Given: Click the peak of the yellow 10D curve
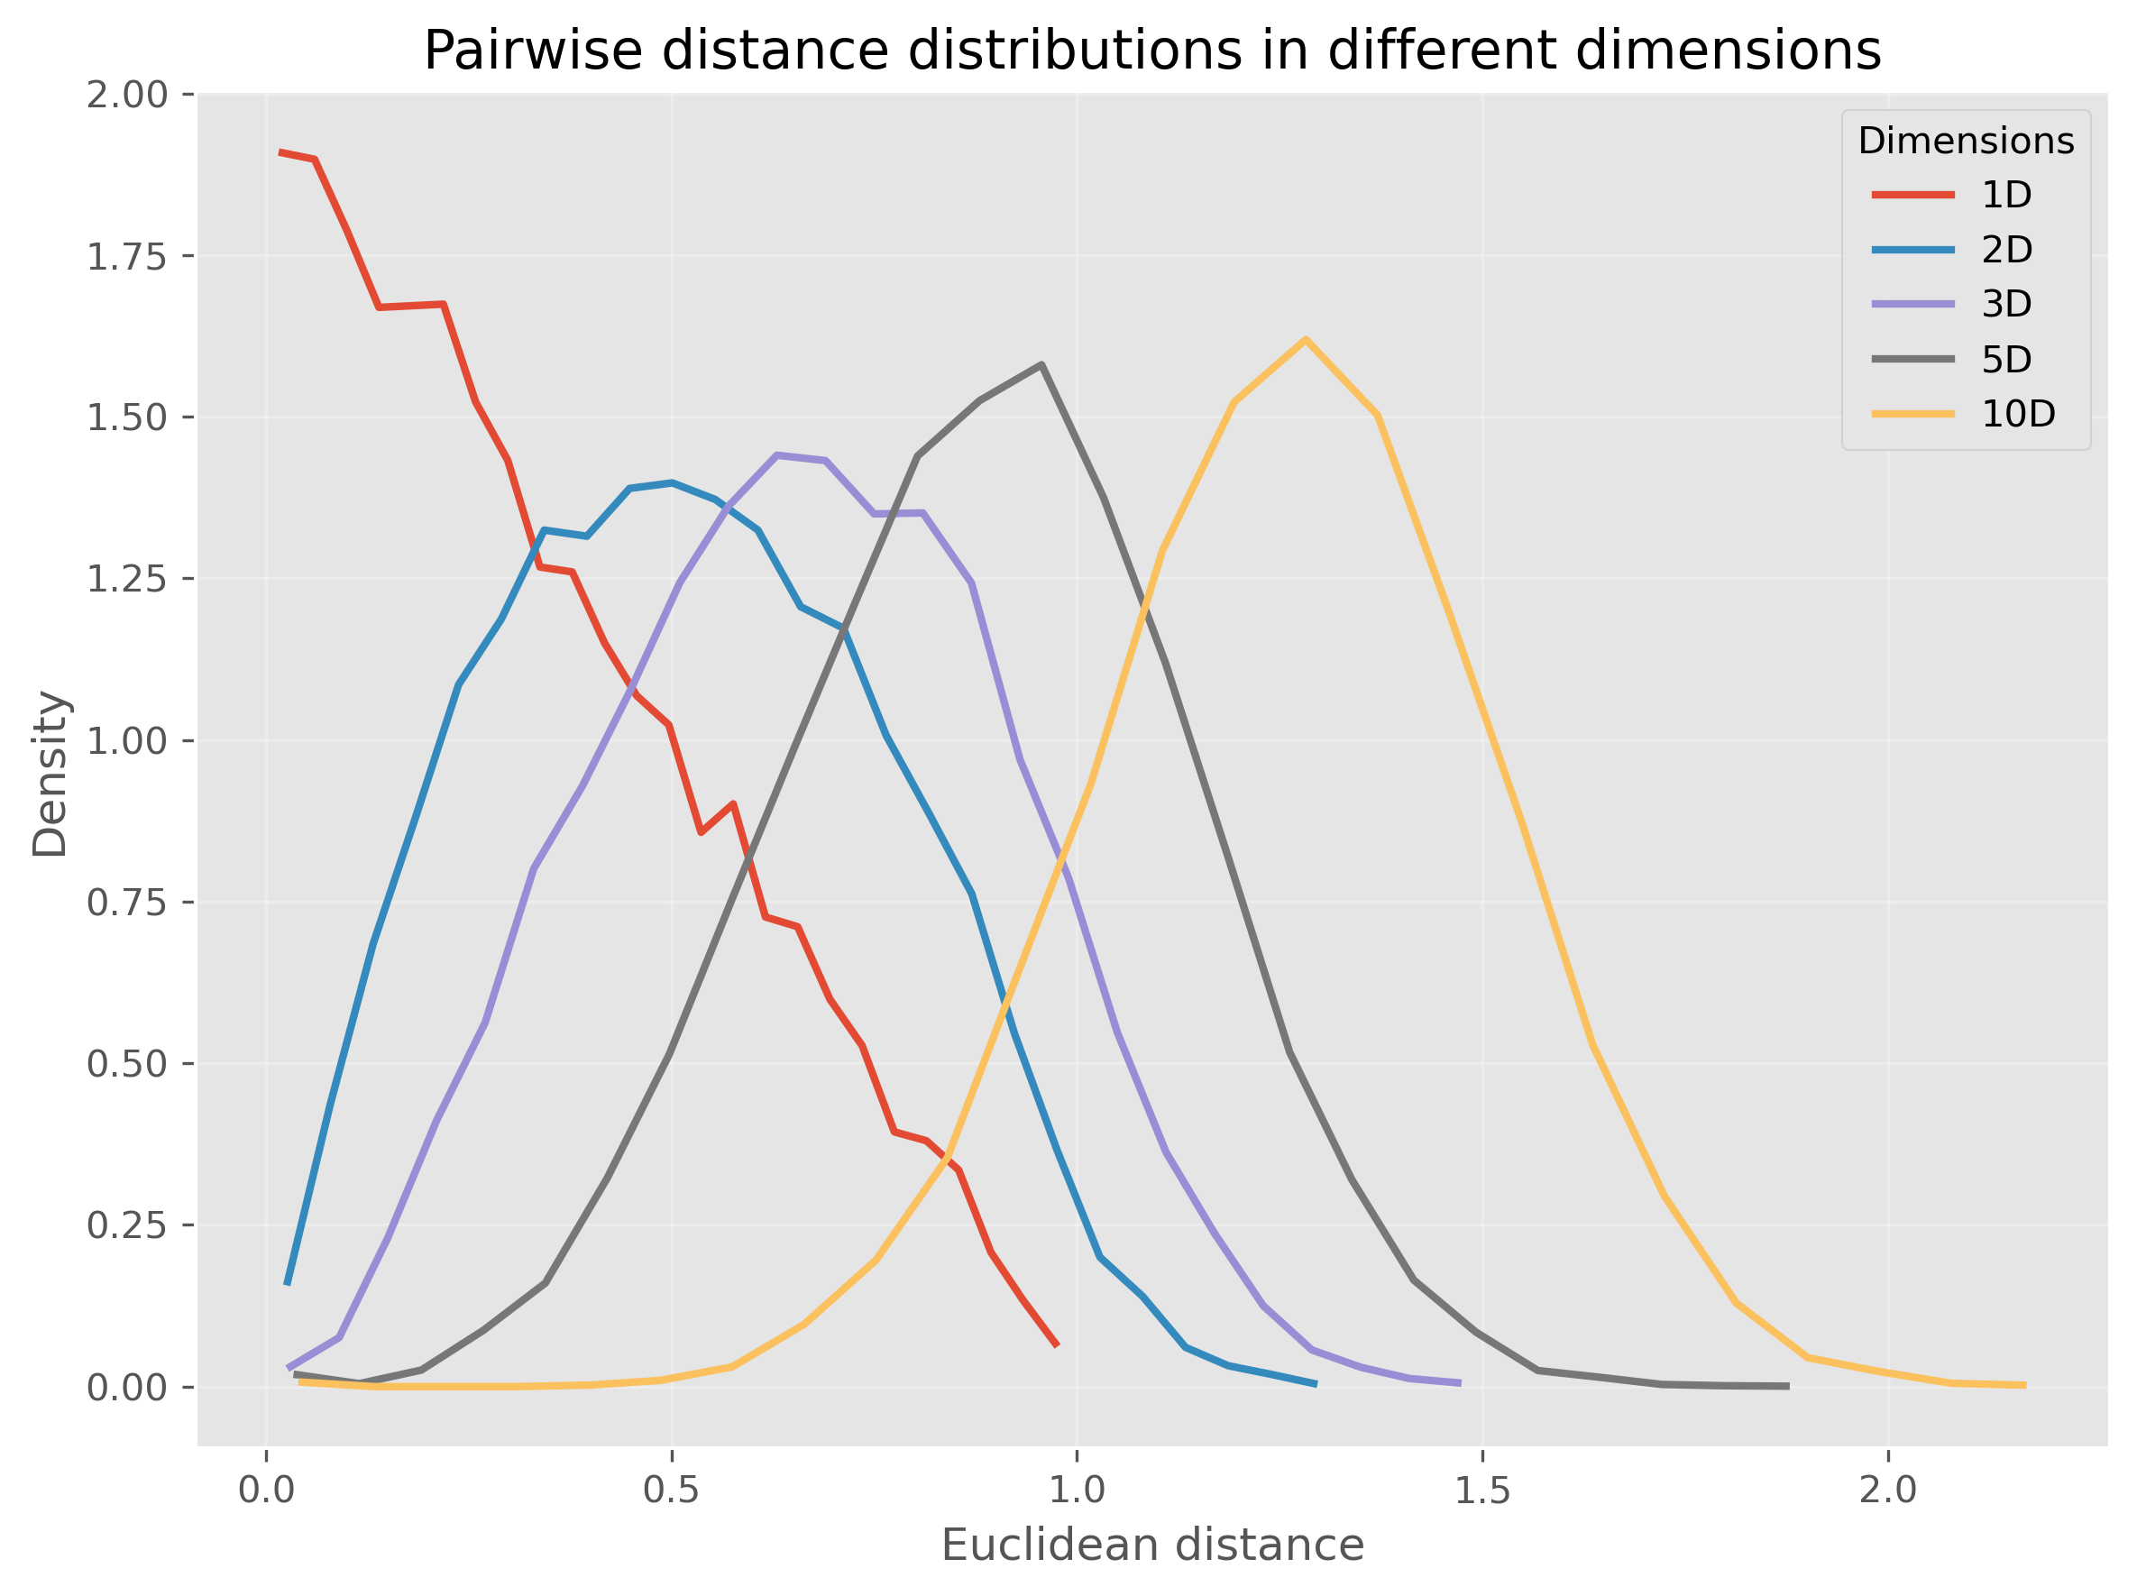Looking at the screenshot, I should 1307,339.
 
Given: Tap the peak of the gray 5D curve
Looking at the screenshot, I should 1041,364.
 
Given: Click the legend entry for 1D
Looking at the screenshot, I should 2006,195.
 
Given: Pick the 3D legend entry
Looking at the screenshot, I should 2006,305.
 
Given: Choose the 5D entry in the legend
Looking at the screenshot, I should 2006,360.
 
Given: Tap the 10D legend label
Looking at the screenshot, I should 2018,415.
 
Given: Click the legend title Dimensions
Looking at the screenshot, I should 1966,141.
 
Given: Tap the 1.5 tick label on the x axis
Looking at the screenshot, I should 1482,1491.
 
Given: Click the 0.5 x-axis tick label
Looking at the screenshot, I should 672,1491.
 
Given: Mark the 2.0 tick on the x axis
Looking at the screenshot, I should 1888,1491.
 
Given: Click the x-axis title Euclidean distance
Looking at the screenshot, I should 1152,1546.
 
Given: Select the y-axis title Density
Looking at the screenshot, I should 50,774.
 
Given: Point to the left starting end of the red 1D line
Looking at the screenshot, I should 280,151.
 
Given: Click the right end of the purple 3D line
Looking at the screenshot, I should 1460,1383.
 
